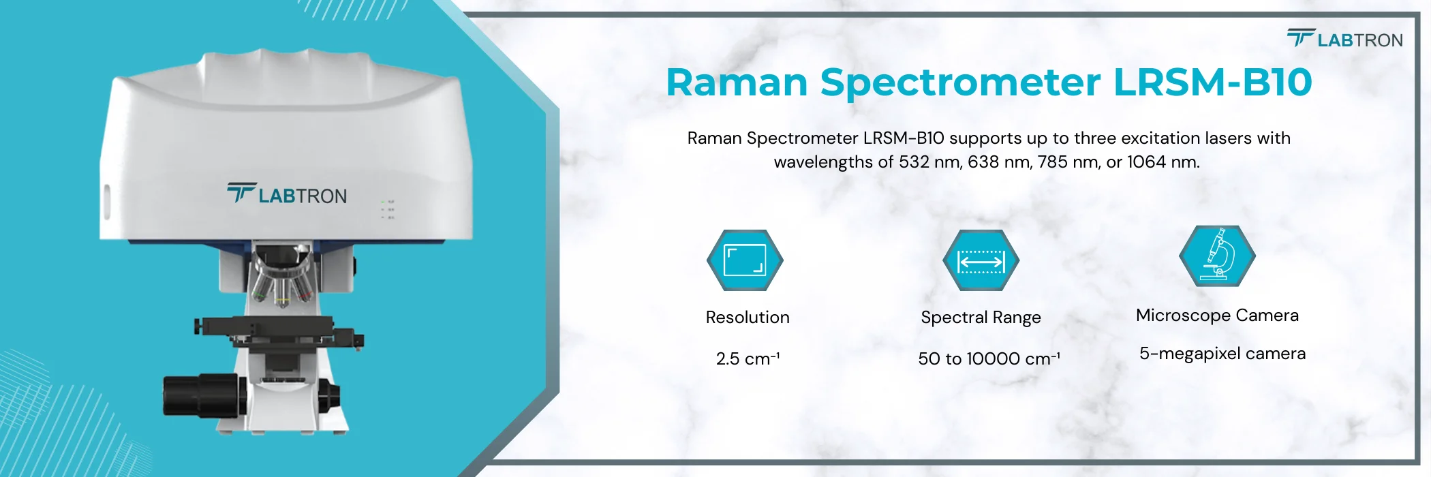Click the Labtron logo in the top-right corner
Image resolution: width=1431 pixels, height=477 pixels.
click(x=1344, y=39)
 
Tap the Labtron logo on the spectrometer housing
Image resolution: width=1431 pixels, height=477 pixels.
click(x=287, y=195)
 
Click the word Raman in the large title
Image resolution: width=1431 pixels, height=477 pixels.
click(x=736, y=82)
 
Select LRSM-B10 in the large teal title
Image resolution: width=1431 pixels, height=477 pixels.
click(x=1212, y=82)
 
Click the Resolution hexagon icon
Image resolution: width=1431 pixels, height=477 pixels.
click(x=745, y=260)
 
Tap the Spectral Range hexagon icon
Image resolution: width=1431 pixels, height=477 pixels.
click(x=981, y=260)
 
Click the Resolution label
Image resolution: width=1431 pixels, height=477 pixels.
click(x=748, y=318)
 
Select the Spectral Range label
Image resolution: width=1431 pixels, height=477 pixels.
click(x=981, y=318)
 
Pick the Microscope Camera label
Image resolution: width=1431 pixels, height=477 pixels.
click(x=1217, y=316)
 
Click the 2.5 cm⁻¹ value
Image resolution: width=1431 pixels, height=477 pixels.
click(x=748, y=358)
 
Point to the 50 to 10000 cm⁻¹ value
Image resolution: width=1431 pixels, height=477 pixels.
click(x=988, y=358)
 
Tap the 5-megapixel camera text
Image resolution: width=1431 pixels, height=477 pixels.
click(x=1222, y=354)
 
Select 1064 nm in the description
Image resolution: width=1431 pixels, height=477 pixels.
click(x=1163, y=162)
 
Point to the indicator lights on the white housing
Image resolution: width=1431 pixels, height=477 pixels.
click(x=387, y=209)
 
